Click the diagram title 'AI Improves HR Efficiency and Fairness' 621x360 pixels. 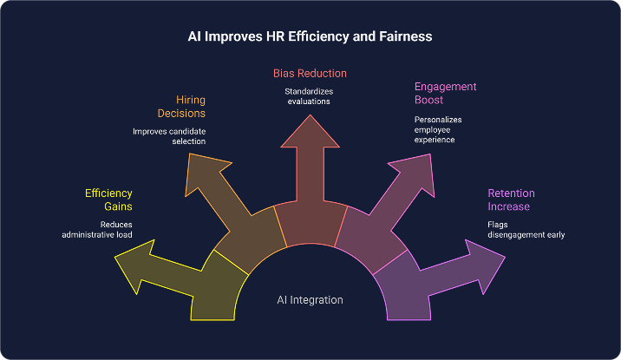click(x=310, y=37)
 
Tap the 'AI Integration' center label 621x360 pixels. click(x=310, y=300)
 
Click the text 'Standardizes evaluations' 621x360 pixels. click(x=310, y=96)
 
